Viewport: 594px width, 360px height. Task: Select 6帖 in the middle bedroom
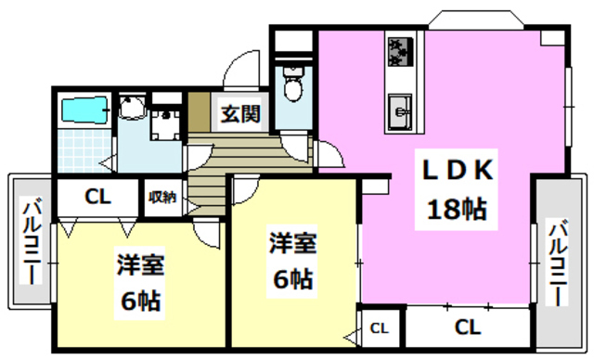pos(292,276)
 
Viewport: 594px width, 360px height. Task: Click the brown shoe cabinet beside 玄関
pos(198,114)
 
